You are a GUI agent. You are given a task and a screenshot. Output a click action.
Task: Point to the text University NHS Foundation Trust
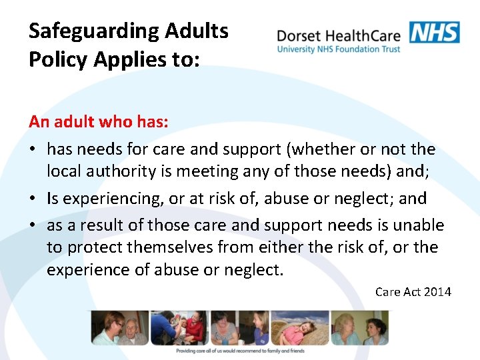click(339, 49)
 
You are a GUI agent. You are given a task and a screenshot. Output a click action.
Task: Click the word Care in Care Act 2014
click(387, 292)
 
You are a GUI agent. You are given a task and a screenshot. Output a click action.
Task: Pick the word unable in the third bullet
click(420, 225)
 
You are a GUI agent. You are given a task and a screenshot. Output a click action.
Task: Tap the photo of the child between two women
click(239, 327)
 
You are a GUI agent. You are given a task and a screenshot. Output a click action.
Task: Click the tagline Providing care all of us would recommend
click(240, 351)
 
